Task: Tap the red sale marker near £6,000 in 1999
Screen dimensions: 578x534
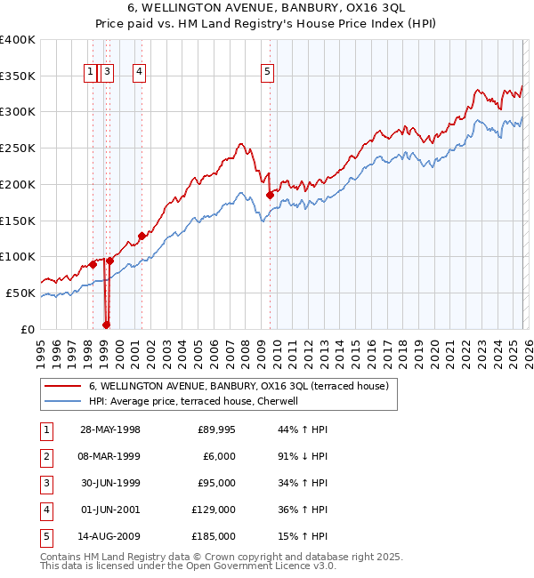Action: pos(106,325)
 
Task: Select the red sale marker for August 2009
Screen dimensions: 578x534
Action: pos(270,195)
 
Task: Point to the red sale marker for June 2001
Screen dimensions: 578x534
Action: pos(141,236)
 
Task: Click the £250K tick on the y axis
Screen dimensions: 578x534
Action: pos(18,148)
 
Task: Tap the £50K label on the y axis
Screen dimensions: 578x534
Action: pos(20,293)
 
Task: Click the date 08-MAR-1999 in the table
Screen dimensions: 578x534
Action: pos(110,456)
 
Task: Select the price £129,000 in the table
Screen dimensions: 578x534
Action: pos(214,510)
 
